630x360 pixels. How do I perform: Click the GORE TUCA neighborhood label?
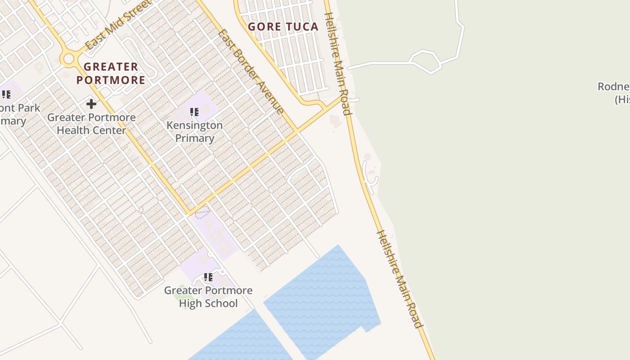(283, 27)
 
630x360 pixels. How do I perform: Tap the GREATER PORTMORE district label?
(111, 73)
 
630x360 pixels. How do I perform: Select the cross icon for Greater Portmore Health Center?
(91, 104)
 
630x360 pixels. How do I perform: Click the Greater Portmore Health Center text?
(91, 124)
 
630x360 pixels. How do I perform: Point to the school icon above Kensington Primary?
(194, 112)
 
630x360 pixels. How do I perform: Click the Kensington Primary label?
(194, 131)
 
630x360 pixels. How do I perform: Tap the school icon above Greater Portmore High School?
(208, 277)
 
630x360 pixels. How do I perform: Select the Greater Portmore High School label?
(208, 297)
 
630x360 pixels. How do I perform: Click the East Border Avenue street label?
(251, 72)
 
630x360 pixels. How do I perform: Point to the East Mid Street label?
(118, 25)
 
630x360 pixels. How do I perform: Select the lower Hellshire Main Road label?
(400, 279)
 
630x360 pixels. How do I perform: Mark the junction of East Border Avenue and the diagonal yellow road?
(297, 131)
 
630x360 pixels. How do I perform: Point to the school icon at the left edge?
(6, 94)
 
